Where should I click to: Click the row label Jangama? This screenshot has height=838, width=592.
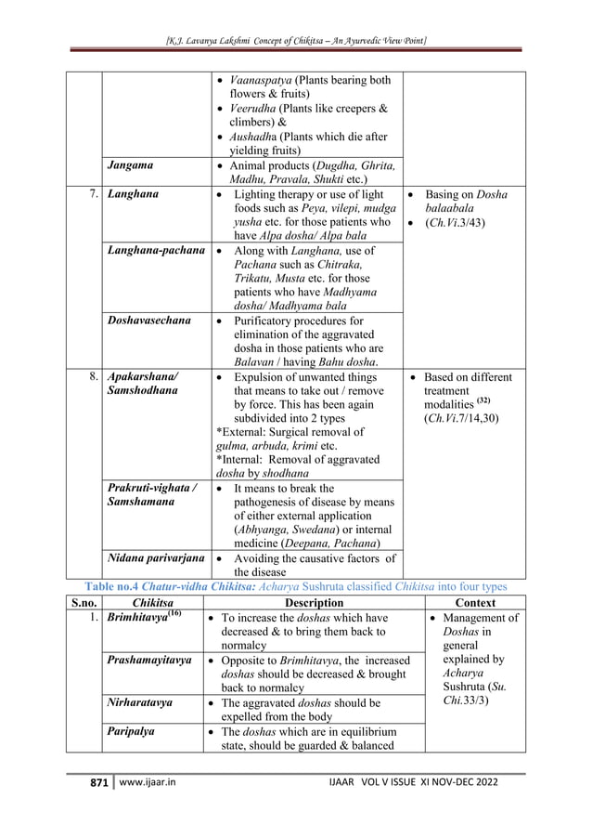click(131, 165)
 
